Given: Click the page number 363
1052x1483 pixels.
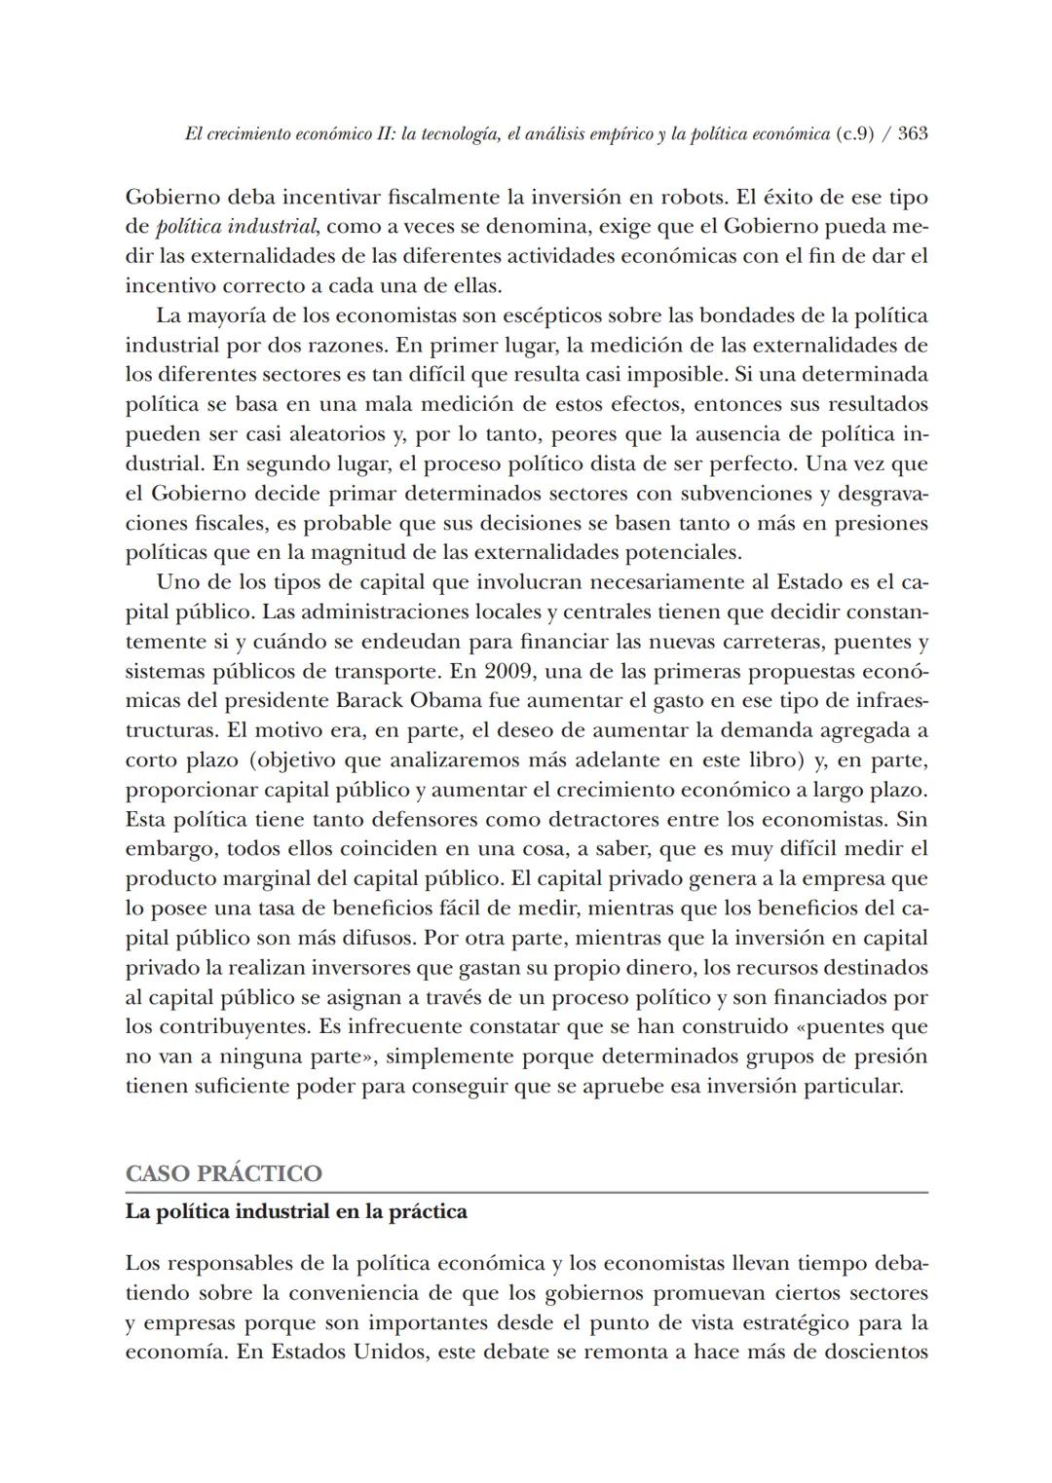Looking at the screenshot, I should [x=912, y=134].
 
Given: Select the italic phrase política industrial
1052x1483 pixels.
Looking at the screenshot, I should [x=236, y=227].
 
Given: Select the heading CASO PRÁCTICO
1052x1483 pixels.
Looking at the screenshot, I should [x=223, y=1173].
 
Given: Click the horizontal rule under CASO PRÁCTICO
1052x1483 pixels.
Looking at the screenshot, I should [x=526, y=1193].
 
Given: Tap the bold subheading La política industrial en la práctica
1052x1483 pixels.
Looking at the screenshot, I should [x=296, y=1212].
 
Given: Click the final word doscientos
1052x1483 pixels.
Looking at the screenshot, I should [x=871, y=1352].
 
